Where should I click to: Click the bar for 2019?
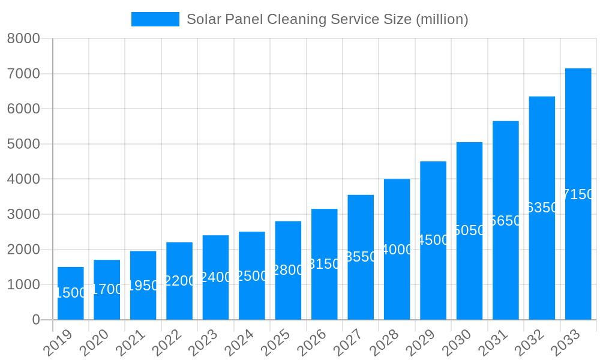[71, 293]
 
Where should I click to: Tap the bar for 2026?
[324, 264]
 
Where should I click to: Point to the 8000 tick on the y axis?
[23, 39]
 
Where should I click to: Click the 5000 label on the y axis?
[23, 144]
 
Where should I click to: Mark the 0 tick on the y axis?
[36, 320]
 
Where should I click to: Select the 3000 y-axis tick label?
[23, 214]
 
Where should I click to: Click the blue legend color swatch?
[155, 19]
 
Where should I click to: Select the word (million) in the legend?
[442, 19]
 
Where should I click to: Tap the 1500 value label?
[71, 293]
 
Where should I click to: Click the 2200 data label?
[179, 281]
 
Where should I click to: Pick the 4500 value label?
[433, 240]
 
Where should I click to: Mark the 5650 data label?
[506, 221]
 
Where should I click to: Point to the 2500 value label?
[252, 276]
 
